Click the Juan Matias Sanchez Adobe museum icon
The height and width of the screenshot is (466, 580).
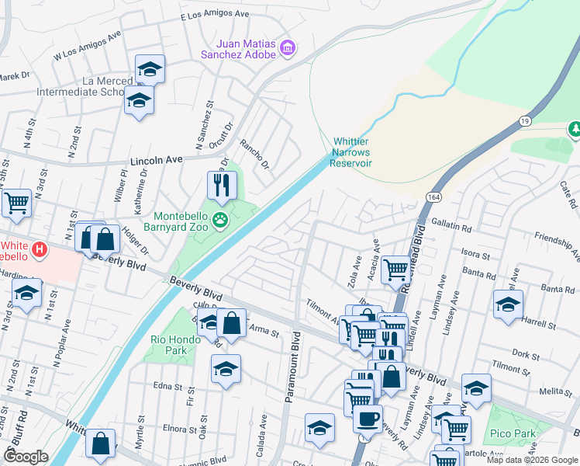[288, 48]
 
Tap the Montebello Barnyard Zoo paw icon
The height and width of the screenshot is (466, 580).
[222, 220]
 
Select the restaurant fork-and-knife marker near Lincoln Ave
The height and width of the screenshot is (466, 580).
[222, 186]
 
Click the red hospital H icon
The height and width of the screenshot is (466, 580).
[40, 251]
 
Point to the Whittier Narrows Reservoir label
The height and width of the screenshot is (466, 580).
[353, 152]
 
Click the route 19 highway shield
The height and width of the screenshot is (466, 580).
[525, 121]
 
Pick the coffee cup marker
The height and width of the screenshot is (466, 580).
[368, 419]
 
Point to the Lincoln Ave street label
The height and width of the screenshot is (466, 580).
[156, 159]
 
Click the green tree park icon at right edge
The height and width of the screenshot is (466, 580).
[575, 128]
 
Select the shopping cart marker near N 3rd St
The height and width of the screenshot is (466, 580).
[16, 203]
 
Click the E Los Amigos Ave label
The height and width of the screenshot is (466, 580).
[215, 15]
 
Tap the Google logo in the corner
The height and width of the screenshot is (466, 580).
[26, 457]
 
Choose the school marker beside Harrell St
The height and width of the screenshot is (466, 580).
[508, 304]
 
